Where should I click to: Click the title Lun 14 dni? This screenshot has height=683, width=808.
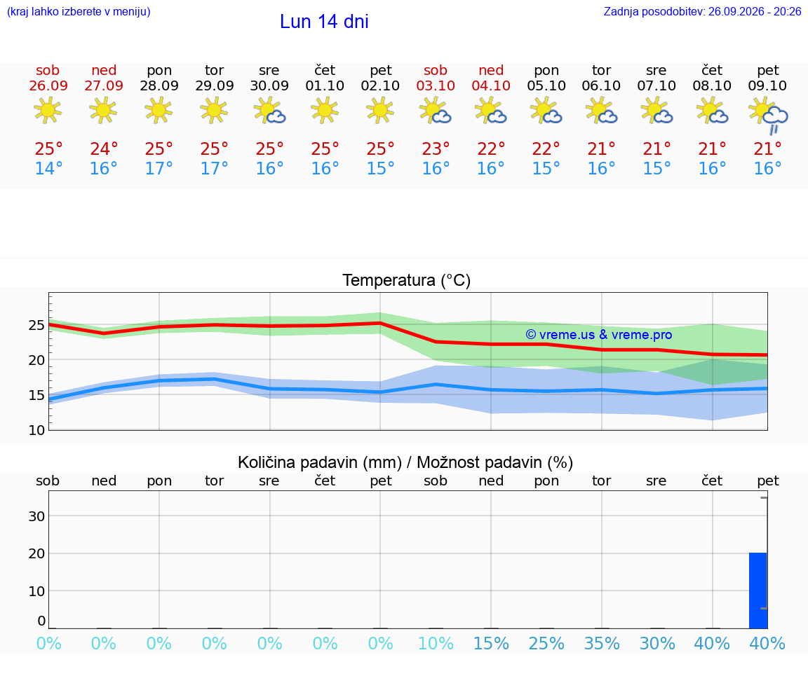click(324, 22)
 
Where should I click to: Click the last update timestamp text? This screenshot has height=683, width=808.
click(702, 11)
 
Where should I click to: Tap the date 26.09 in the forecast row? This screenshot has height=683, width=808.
click(48, 85)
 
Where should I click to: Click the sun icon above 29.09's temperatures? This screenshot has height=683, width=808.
click(214, 110)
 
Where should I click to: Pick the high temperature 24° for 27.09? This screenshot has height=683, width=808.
click(104, 149)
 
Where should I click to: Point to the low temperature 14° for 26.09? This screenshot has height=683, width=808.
click(48, 168)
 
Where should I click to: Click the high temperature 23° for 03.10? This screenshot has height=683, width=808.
click(436, 149)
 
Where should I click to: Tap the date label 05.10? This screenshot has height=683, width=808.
click(546, 85)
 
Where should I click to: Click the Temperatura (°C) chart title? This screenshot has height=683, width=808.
click(407, 280)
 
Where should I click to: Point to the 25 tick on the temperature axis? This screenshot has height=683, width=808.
click(36, 325)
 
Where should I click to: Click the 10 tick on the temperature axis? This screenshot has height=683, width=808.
click(36, 430)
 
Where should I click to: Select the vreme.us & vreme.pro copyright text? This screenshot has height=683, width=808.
click(599, 335)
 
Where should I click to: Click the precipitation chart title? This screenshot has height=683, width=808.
click(405, 462)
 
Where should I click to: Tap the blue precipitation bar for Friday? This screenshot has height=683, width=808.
click(758, 591)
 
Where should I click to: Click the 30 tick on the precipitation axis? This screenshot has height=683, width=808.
click(36, 516)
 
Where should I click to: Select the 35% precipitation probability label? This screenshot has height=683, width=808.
click(601, 643)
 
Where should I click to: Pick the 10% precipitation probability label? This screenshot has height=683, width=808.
click(436, 643)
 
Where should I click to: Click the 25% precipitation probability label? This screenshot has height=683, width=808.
click(546, 643)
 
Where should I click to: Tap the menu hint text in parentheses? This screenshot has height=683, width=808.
click(79, 11)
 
